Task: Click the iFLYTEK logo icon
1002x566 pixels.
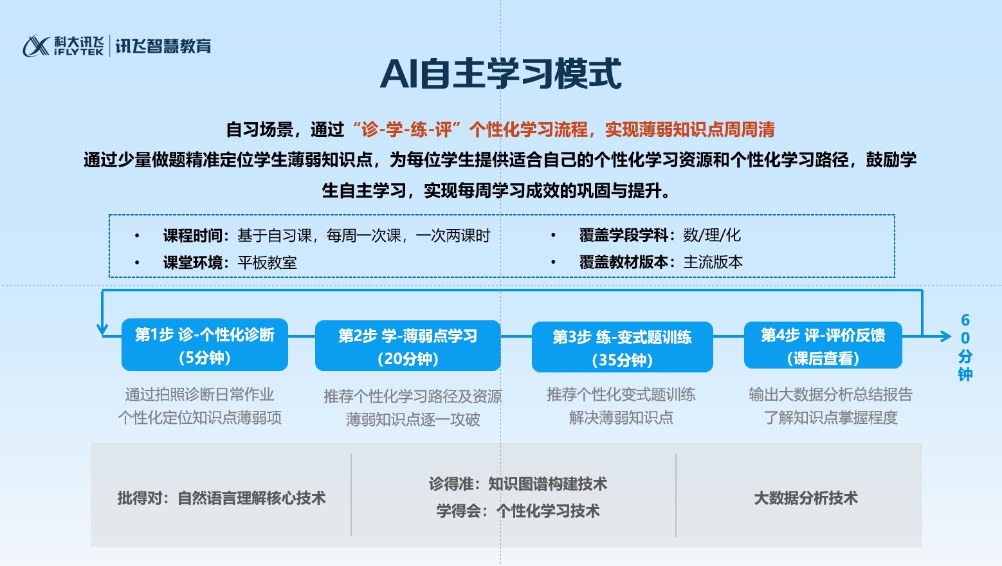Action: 36,46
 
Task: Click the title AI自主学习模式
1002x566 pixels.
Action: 500,74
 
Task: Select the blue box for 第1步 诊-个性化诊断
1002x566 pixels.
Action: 205,345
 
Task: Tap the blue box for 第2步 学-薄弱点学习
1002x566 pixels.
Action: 408,346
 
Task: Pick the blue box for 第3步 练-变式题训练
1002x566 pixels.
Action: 622,347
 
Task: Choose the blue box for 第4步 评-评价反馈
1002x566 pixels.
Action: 823,345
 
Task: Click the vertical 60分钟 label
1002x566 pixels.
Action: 965,347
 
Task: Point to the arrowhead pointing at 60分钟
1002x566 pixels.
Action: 945,336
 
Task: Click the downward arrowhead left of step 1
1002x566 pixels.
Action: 102,330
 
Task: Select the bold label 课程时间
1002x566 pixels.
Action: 193,235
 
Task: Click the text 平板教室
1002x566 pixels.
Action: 267,262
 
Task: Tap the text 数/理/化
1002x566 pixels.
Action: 712,235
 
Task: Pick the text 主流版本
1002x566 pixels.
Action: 713,262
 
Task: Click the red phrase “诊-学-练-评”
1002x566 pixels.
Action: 406,130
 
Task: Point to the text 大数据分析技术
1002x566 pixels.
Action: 806,498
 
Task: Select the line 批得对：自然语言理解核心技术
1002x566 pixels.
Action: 221,498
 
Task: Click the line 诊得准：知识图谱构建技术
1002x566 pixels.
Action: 518,484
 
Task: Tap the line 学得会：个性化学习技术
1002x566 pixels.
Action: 518,511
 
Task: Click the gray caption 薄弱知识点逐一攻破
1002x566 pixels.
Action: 413,420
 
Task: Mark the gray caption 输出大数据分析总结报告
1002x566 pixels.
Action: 831,395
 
